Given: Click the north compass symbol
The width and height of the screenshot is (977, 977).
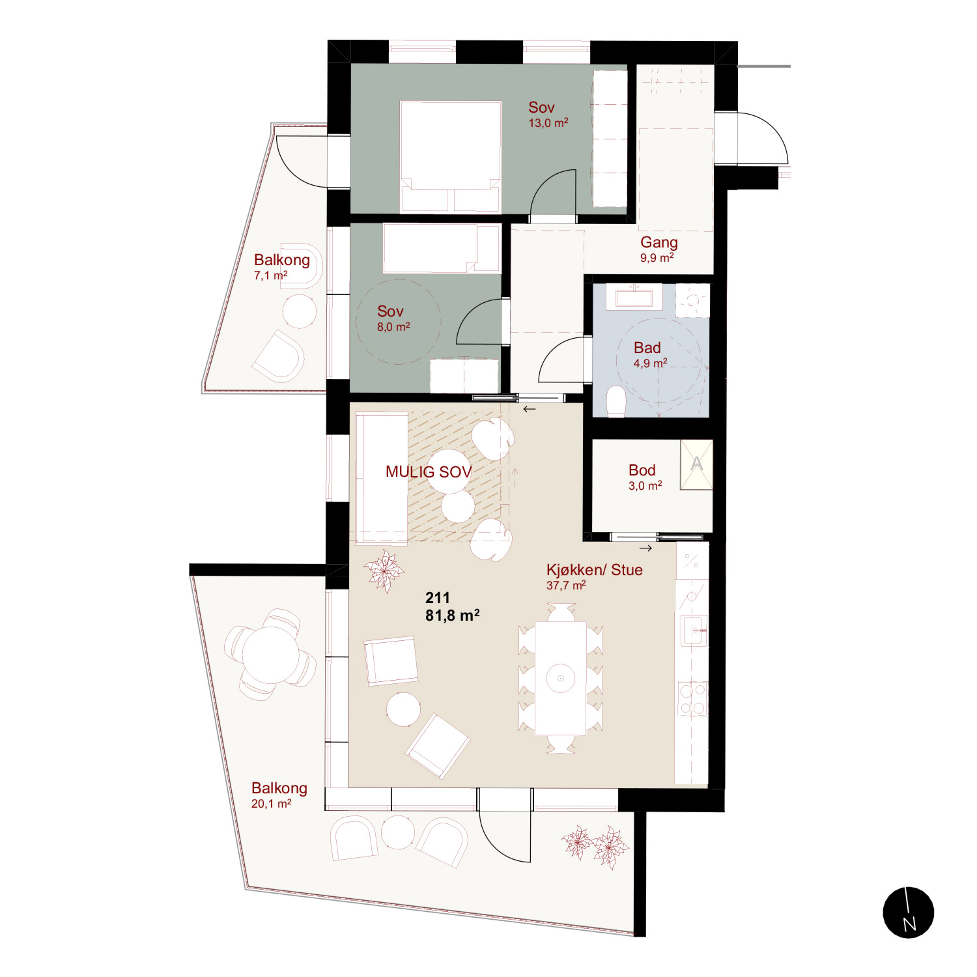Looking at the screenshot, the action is [x=908, y=913].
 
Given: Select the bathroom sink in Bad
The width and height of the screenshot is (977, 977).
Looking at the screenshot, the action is [x=634, y=296].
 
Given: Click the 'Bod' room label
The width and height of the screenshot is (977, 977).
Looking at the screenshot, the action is [x=642, y=470].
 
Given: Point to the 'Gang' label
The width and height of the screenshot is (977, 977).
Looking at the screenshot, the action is [x=659, y=243].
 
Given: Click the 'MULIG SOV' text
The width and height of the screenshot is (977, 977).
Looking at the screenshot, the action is [x=429, y=472].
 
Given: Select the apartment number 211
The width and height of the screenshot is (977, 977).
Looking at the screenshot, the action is [x=438, y=598].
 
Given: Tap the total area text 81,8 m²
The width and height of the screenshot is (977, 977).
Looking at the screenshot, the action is [x=453, y=616].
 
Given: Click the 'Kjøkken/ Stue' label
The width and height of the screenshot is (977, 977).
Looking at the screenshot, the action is [x=595, y=570].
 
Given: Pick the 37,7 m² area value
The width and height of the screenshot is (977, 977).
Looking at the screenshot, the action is [x=566, y=586].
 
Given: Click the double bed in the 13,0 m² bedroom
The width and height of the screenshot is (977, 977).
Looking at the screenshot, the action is [x=451, y=157].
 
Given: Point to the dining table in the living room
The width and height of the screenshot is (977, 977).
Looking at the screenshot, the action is [x=561, y=679].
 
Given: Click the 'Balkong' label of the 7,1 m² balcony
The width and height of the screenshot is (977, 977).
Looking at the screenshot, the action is [x=282, y=260].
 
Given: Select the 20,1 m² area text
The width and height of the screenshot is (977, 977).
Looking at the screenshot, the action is [x=272, y=804].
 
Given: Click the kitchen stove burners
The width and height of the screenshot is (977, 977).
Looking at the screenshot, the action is [x=692, y=698].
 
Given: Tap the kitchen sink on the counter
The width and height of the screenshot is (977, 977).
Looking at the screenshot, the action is [x=694, y=630].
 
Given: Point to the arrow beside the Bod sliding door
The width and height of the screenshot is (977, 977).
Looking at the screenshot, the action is [x=645, y=548].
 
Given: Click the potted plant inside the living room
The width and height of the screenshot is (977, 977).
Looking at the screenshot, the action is [x=384, y=571].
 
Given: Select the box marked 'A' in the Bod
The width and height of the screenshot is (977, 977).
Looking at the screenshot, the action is [x=696, y=464].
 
